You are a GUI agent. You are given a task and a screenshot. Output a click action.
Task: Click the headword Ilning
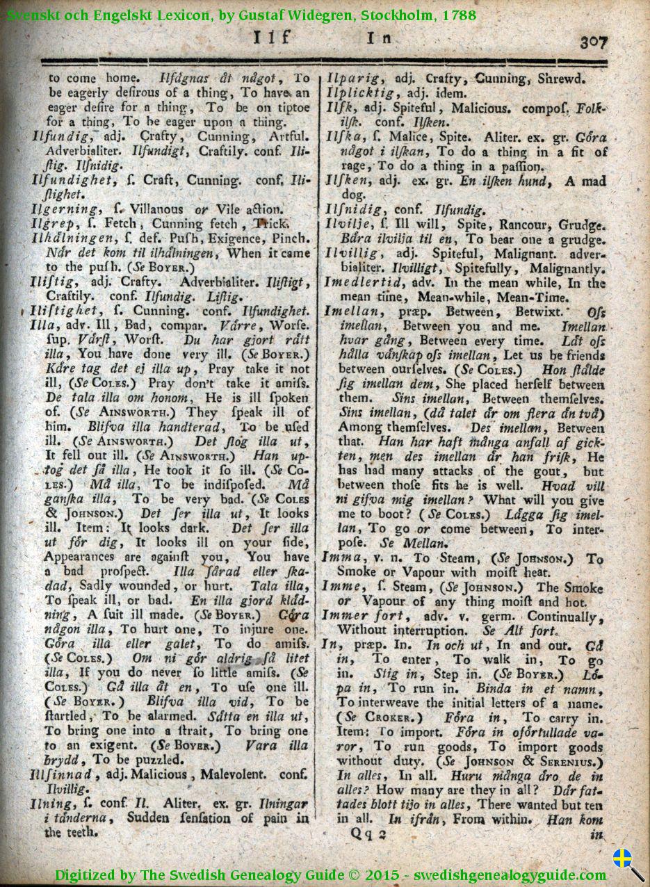pyautogui.click(x=50, y=804)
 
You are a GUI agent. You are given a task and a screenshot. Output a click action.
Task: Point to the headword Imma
pyautogui.click(x=341, y=558)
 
